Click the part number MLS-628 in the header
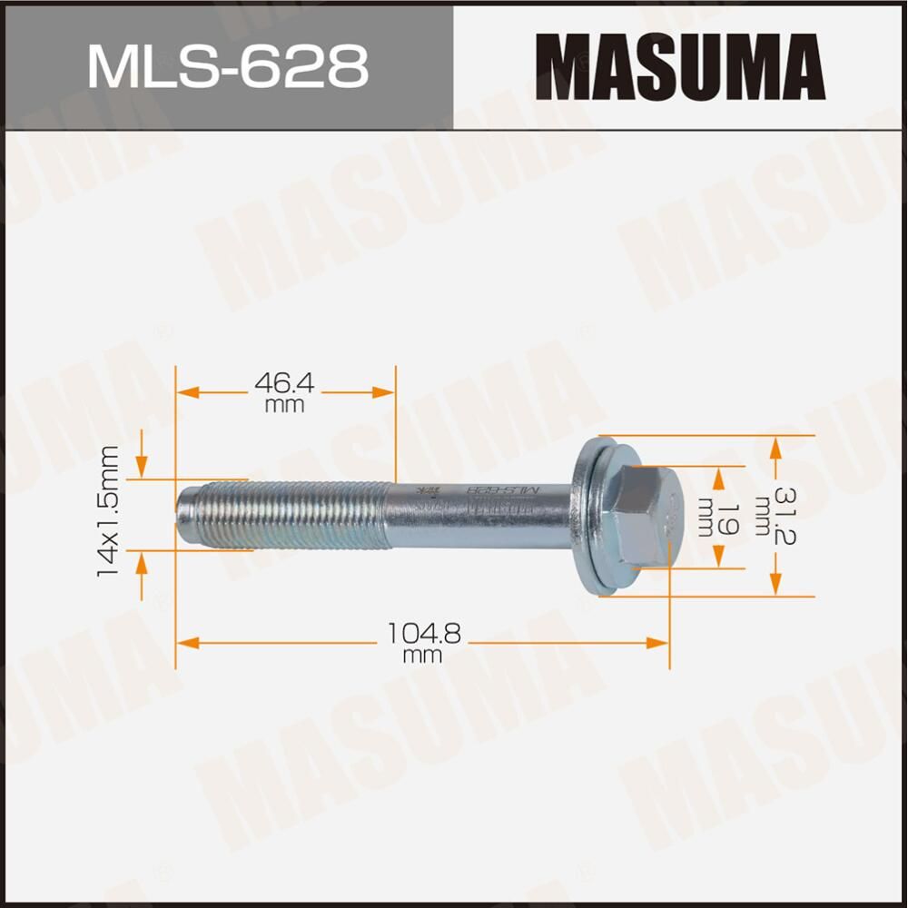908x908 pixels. coord(227,66)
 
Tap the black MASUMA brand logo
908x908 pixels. coord(679,66)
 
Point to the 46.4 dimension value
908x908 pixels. coord(284,384)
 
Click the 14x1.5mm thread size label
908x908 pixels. coord(111,513)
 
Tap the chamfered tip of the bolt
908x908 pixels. coord(186,516)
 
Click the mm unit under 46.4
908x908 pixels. coord(284,406)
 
